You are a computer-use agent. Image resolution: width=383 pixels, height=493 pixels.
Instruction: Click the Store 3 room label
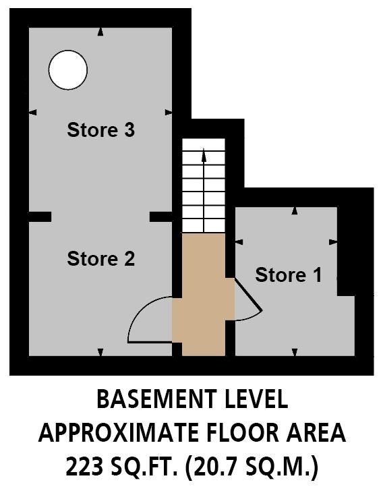point(100,129)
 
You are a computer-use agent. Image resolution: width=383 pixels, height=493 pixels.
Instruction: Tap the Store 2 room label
point(100,258)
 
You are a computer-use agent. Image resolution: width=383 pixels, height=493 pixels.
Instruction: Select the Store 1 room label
point(289,275)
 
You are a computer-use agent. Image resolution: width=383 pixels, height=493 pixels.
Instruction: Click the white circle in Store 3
point(68,70)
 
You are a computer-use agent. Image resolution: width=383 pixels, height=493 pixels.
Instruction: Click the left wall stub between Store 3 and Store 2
point(40,216)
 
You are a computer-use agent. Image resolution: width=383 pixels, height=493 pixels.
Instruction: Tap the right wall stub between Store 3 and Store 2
point(161,216)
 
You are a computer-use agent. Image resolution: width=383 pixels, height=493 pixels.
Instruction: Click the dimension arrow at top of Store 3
point(100,31)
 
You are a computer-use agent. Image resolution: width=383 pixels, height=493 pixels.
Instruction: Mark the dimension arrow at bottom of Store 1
point(295,351)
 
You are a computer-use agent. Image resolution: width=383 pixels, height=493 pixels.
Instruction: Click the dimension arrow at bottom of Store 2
point(100,351)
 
